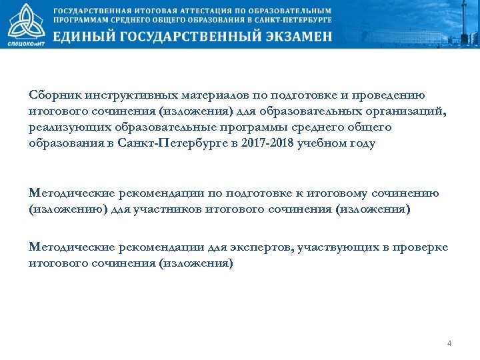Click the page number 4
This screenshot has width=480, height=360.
(x=449, y=343)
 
